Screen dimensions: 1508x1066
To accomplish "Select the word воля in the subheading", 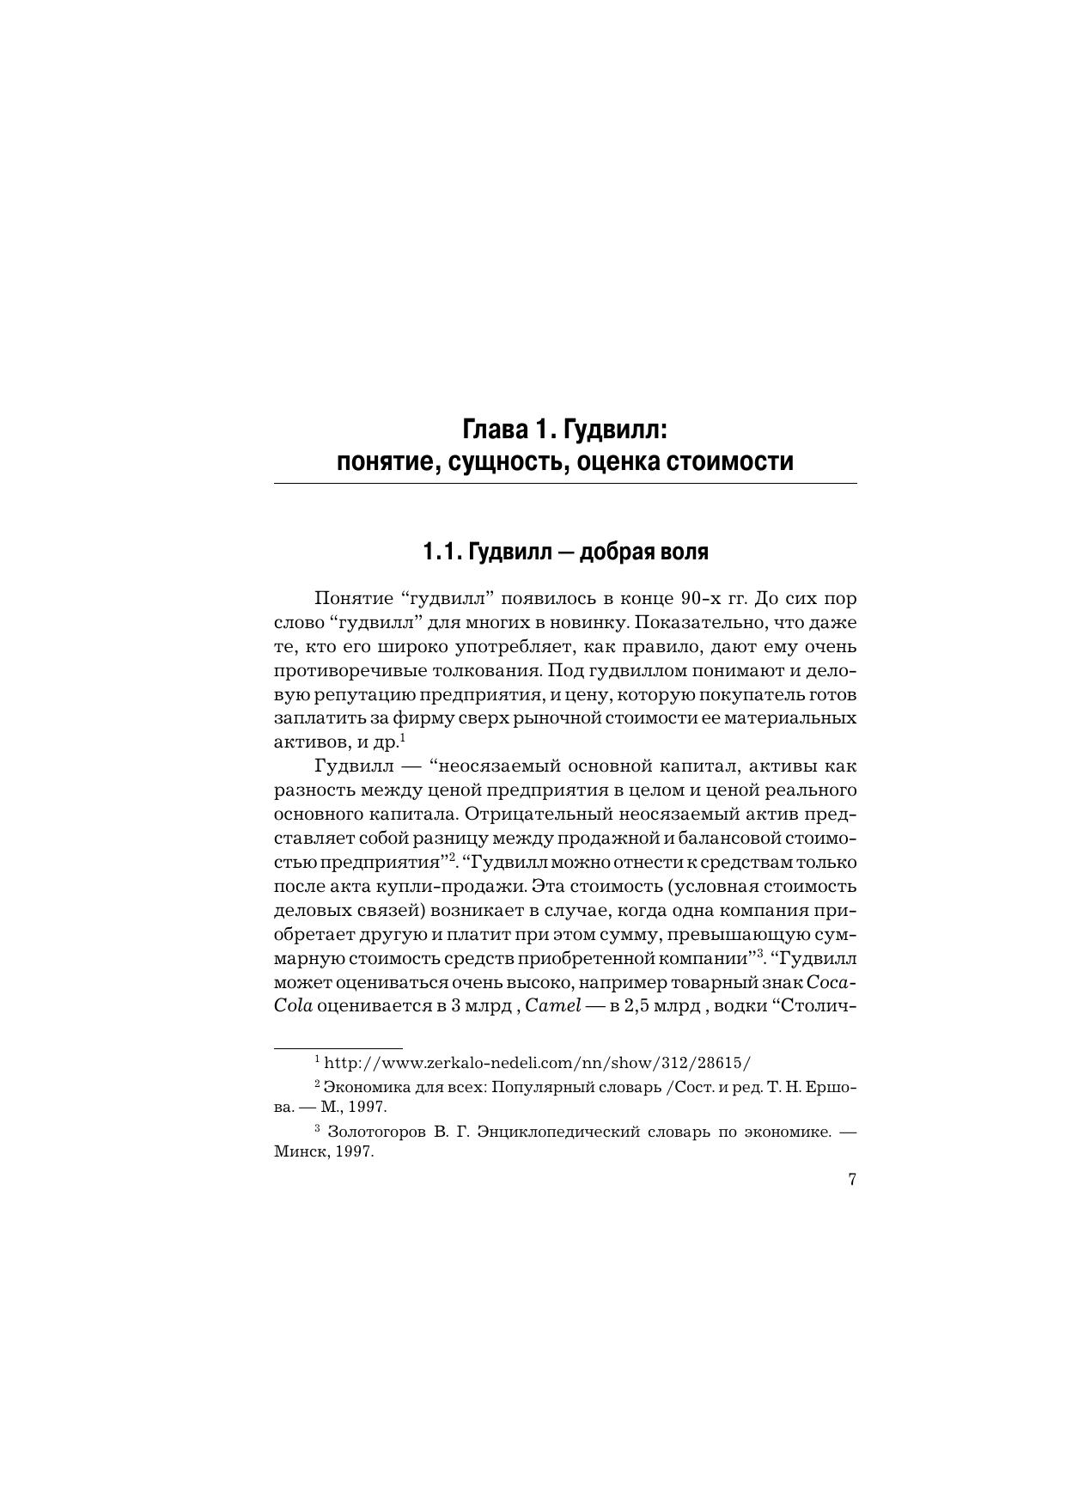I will (x=683, y=552).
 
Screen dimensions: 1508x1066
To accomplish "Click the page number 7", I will (x=852, y=1180).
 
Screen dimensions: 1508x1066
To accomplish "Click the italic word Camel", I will (x=553, y=1006).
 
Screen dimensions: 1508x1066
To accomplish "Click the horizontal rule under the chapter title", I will (x=565, y=484).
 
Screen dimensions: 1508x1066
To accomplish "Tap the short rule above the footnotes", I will (x=338, y=1048).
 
